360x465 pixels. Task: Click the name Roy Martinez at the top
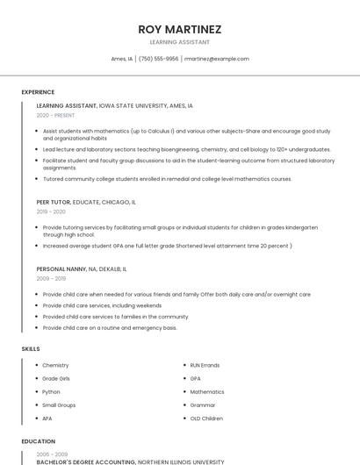coord(180,29)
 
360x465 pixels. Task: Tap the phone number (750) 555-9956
coord(159,59)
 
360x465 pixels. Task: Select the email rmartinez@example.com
coord(217,59)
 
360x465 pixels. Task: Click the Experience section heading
coord(38,92)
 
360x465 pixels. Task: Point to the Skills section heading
coord(31,349)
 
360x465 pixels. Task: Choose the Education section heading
coord(38,442)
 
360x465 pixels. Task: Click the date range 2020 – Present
coord(55,116)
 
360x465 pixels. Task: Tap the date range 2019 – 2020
coord(51,211)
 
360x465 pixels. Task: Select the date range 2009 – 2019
coord(51,278)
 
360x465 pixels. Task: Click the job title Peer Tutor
coord(54,202)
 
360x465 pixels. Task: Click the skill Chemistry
coord(55,365)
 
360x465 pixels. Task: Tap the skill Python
coord(51,392)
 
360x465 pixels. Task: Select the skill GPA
coord(195,378)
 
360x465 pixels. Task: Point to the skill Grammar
coord(203,405)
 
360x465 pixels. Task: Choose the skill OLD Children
coord(206,418)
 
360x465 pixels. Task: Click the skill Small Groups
coord(59,405)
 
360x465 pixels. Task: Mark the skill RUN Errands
coord(205,365)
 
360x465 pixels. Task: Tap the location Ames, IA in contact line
coord(122,59)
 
